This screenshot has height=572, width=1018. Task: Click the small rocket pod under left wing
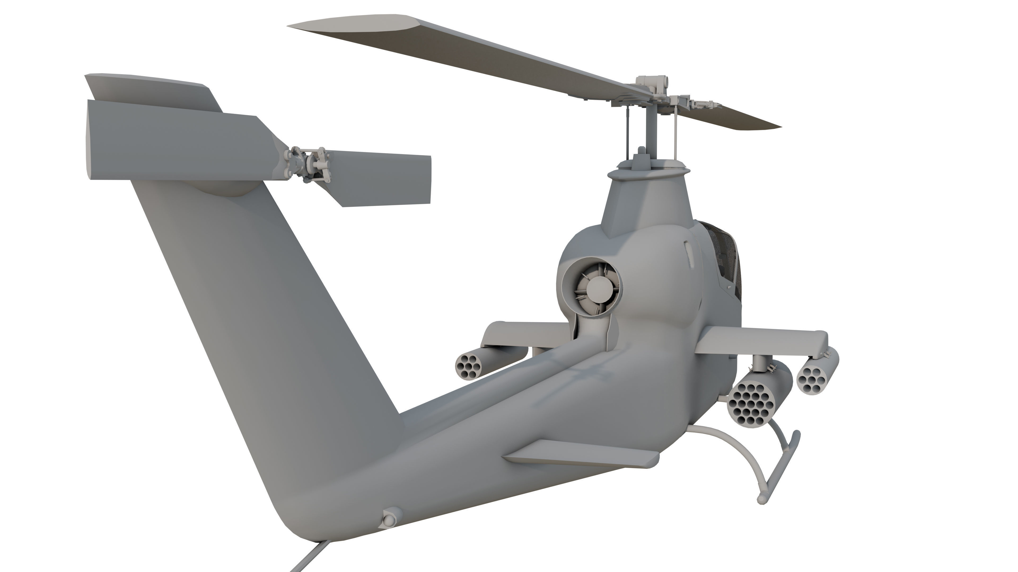470,365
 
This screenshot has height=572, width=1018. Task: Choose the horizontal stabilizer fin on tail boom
581,454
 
